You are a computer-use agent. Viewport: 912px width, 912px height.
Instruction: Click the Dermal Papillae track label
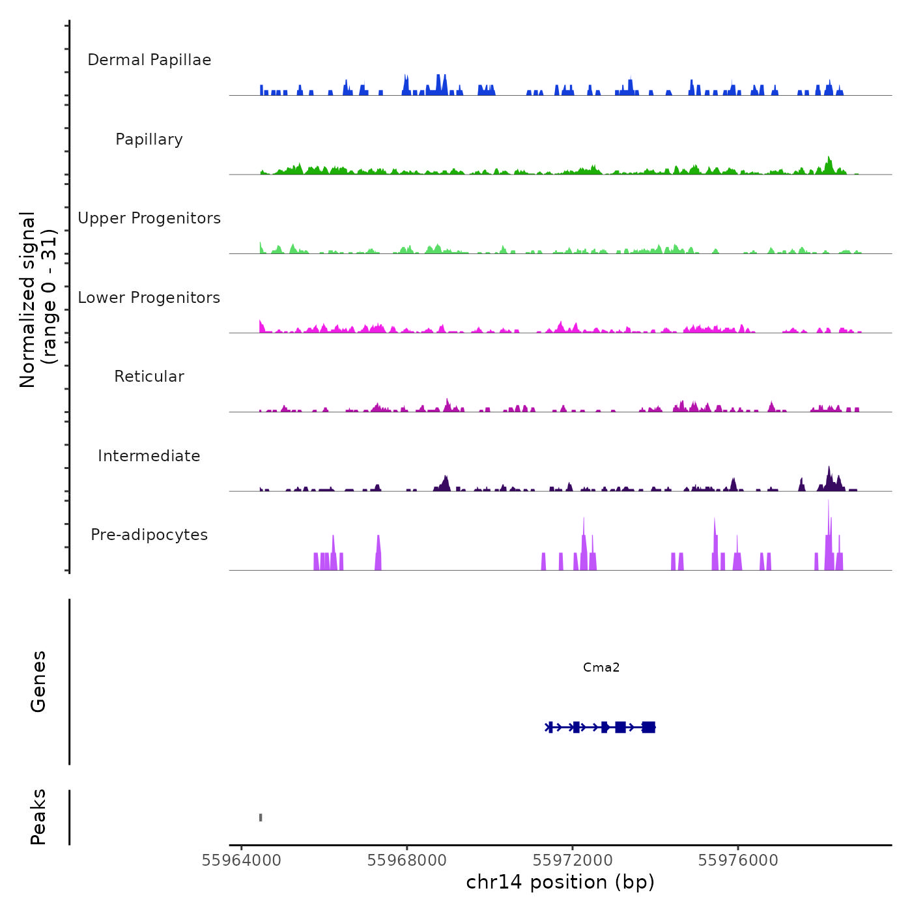point(149,60)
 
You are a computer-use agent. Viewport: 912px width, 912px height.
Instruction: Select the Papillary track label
point(149,139)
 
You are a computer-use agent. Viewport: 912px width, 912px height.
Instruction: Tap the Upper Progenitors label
point(149,218)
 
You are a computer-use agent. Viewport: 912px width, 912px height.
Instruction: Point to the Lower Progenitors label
point(149,298)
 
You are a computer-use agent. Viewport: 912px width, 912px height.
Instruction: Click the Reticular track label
point(149,377)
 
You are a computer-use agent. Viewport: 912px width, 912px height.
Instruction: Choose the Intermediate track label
point(149,456)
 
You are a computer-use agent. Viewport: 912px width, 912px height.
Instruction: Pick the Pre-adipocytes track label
point(149,535)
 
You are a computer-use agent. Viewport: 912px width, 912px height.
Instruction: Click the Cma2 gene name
point(601,667)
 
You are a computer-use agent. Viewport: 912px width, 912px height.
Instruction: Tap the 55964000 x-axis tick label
point(242,861)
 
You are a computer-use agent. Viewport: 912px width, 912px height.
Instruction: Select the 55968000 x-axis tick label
point(407,861)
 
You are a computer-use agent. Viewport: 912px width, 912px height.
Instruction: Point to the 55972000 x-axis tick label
point(573,861)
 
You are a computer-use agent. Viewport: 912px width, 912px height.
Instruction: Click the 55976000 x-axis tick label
point(738,861)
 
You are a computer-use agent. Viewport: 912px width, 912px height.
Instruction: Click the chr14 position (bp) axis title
point(560,883)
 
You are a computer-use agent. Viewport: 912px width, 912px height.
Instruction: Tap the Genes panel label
point(38,681)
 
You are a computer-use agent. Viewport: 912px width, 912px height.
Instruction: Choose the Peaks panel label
point(38,817)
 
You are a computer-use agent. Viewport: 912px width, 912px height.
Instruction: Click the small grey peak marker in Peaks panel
point(261,818)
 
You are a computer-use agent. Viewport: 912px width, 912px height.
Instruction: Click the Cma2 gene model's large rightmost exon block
point(648,727)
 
